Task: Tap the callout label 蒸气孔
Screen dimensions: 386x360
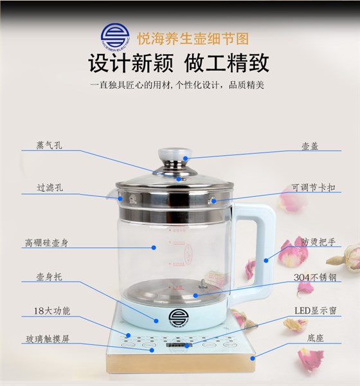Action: tap(49, 145)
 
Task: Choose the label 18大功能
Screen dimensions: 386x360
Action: tap(48, 311)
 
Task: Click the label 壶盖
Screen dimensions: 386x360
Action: tap(310, 145)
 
